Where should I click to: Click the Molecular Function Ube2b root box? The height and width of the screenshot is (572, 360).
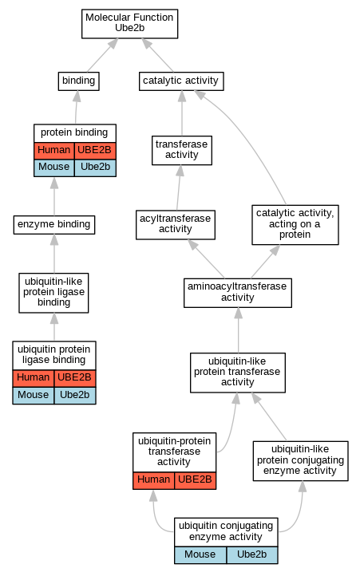129,24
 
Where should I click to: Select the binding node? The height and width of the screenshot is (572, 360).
78,81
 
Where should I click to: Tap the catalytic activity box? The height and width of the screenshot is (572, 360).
181,81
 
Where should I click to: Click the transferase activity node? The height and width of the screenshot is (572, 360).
182,150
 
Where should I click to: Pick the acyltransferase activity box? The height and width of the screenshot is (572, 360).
176,225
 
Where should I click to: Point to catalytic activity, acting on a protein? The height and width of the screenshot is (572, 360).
295,225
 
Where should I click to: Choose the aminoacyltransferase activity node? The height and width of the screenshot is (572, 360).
238,293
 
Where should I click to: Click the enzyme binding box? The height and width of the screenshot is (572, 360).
54,225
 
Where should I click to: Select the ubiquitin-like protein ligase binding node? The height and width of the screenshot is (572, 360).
53,293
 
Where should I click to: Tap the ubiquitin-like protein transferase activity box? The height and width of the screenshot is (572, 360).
238,373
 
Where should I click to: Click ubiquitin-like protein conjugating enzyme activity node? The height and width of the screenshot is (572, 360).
300,461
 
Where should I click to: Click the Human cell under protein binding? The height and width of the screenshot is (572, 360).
54,151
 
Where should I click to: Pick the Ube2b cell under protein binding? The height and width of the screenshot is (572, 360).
95,168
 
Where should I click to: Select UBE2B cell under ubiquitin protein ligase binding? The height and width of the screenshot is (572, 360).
75,378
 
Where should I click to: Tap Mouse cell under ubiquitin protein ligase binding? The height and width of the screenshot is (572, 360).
34,396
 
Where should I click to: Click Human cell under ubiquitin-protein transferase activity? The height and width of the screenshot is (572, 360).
154,480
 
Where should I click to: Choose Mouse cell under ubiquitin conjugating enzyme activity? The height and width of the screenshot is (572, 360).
200,555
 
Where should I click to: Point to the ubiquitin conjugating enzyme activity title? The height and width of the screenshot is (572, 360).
226,531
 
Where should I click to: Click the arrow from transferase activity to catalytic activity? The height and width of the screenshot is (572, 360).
182,113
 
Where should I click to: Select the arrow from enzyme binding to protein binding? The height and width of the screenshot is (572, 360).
54,196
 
